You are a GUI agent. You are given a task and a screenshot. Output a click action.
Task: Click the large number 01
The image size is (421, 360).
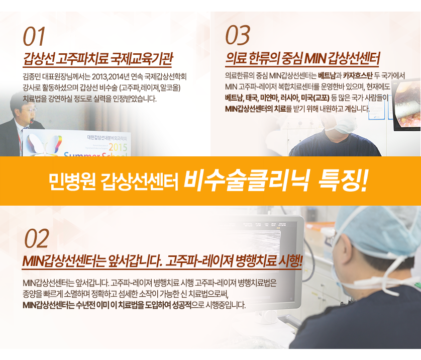(34, 37)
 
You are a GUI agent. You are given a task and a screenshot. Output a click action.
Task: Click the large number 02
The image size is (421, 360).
(37, 238)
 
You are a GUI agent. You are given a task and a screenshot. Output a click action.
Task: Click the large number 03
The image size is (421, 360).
(238, 35)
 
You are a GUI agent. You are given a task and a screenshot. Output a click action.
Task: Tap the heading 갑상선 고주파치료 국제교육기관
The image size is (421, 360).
(98, 59)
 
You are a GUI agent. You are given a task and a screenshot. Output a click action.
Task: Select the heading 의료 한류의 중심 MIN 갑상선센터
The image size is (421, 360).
(302, 58)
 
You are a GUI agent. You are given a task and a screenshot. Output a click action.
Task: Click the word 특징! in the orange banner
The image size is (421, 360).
(343, 181)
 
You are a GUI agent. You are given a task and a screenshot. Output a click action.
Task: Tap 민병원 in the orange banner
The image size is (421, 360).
(72, 181)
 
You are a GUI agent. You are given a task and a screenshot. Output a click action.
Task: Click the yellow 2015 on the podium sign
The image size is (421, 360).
(118, 147)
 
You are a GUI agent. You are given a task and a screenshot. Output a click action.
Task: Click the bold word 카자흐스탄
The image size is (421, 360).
(358, 76)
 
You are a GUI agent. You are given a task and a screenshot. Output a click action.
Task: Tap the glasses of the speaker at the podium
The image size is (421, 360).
(29, 110)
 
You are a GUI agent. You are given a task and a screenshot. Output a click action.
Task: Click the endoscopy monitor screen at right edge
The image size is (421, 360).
(406, 105)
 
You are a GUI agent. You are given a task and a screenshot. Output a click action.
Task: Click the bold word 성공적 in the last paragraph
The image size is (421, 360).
(182, 305)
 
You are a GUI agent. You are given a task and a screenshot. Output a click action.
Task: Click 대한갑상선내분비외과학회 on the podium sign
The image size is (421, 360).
(107, 138)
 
